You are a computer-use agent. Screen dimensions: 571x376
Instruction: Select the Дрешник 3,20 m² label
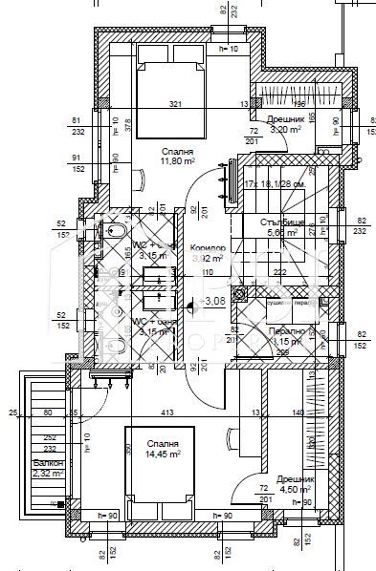[288, 123]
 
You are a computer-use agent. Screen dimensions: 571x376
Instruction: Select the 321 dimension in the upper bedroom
[175, 104]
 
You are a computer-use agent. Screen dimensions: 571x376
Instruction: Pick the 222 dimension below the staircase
[279, 272]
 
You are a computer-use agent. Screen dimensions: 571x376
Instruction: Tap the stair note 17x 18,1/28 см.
[276, 184]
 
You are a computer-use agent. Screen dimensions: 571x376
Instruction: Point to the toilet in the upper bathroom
[114, 232]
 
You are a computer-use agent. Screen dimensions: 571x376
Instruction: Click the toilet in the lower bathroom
[114, 345]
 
